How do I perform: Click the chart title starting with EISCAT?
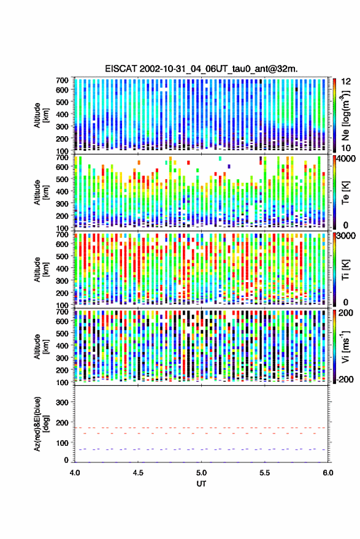[201, 69]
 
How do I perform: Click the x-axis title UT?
[201, 483]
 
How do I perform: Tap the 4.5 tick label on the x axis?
[138, 473]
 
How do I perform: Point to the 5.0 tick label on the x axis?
[202, 473]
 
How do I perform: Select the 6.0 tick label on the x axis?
[327, 473]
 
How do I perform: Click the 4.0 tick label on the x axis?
[75, 473]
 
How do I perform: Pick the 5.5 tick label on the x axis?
[265, 473]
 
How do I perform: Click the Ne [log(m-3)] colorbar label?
[345, 115]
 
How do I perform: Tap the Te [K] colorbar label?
[345, 193]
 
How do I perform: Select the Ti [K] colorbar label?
[345, 270]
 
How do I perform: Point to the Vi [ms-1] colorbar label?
[345, 346]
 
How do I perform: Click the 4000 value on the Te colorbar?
[347, 159]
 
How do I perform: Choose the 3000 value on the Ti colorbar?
[347, 236]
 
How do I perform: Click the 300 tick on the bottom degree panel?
[62, 402]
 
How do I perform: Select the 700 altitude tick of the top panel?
[62, 80]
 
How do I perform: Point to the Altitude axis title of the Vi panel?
[41, 346]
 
